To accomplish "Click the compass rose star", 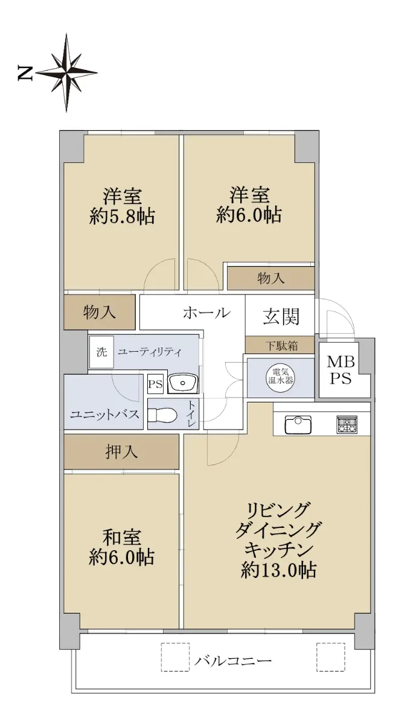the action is [66, 73].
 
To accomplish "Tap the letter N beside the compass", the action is [25, 73].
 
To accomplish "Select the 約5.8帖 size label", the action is [122, 216].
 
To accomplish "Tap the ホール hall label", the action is [206, 313].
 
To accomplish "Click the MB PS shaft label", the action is [340, 370].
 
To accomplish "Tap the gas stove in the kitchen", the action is [347, 424].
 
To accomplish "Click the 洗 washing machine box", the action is [101, 352].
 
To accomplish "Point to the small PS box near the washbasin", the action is [155, 384].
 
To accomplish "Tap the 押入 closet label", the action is [121, 451].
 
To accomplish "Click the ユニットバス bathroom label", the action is [104, 414].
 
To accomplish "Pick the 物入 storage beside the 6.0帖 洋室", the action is [270, 278].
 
